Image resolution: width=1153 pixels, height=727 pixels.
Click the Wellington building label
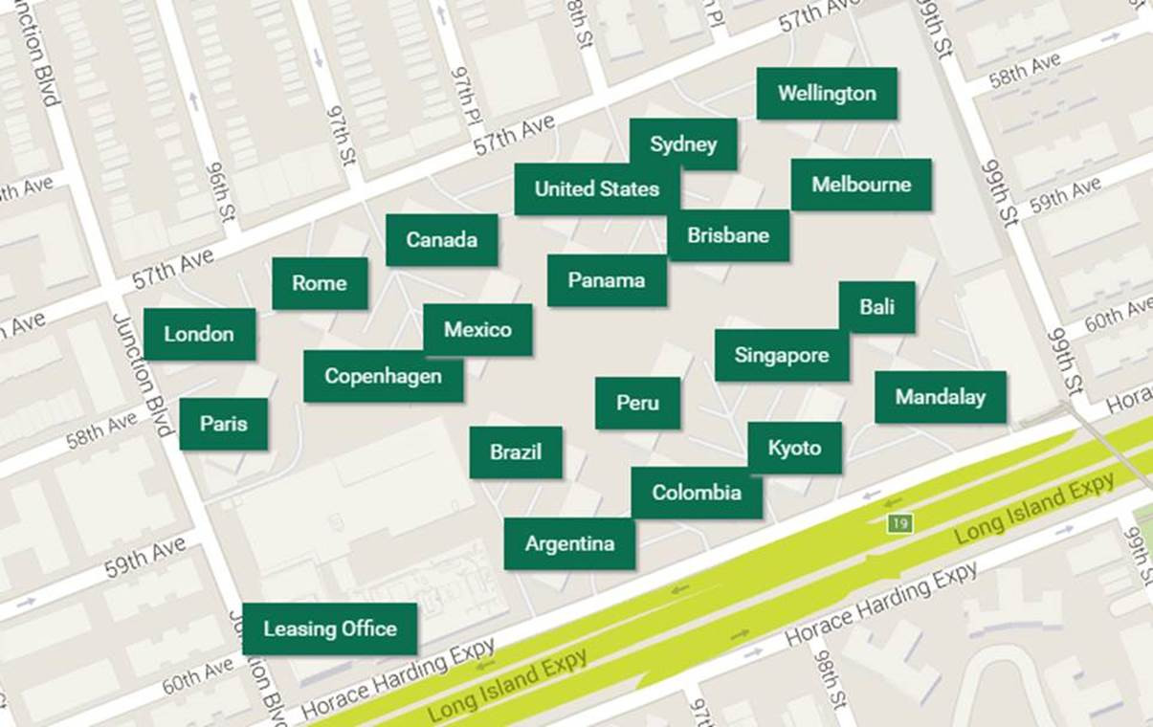click(827, 94)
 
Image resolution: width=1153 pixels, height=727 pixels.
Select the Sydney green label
click(683, 144)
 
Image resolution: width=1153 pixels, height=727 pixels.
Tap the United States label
click(597, 189)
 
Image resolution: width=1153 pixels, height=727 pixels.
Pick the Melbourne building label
click(861, 185)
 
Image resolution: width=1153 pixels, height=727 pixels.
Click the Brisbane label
click(728, 235)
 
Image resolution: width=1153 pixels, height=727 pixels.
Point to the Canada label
click(441, 240)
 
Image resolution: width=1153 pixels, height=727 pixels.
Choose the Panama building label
click(607, 280)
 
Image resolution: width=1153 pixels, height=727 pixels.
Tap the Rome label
click(320, 283)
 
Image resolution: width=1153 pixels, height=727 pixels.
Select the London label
click(199, 334)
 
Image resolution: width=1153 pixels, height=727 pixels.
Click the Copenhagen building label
click(383, 376)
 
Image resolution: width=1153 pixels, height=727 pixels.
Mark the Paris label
click(224, 424)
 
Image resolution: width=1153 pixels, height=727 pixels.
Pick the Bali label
click(876, 307)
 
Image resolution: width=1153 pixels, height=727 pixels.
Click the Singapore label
click(782, 356)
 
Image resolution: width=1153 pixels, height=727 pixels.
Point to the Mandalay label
click(940, 397)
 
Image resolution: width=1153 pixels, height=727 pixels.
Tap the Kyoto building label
click(794, 448)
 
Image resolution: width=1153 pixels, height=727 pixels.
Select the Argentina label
click(569, 544)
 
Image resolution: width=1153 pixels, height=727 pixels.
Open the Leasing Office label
click(330, 628)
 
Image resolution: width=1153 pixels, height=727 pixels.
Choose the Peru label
click(637, 403)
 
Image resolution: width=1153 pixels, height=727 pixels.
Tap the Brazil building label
click(516, 452)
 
